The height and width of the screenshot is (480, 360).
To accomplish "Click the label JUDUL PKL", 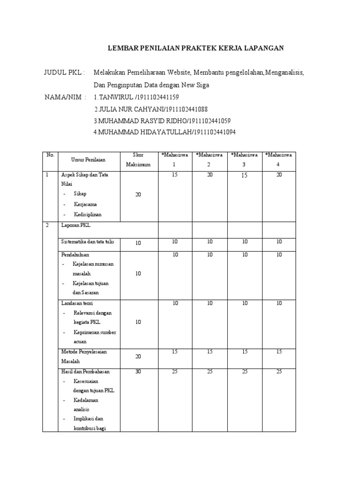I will point(64,73).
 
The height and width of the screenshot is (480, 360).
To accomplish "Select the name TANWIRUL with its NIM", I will point(136,97).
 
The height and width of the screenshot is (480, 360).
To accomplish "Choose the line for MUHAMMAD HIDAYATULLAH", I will point(164,133).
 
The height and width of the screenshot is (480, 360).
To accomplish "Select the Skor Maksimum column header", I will point(138,160).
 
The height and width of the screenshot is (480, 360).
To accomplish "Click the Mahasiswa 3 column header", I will point(244,160).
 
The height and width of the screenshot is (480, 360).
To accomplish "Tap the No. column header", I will point(50,155).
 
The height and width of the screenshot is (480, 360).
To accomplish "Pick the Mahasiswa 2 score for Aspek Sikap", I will point(209,174).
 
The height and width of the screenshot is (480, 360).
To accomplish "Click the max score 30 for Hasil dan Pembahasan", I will point(138,372).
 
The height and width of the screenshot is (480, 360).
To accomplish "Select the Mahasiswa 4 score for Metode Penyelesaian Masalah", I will point(279,352).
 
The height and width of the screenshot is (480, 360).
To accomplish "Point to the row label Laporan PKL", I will point(75,225).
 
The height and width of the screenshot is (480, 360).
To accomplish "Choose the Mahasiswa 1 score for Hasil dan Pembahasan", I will point(175,372).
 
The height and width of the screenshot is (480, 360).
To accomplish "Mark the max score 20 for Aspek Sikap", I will point(138,195).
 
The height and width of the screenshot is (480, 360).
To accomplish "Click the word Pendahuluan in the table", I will point(75,255).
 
